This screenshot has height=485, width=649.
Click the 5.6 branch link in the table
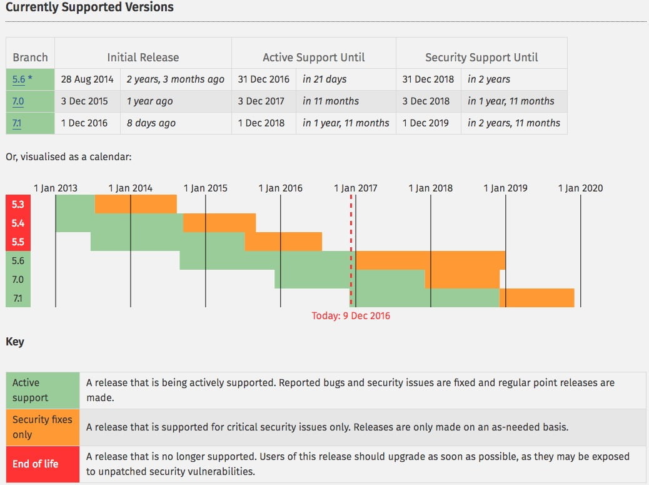(18, 79)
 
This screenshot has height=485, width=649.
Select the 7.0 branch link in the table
(18, 101)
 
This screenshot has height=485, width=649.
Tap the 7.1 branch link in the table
(17, 123)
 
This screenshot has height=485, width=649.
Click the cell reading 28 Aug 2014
(88, 79)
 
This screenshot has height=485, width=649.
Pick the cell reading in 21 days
(324, 79)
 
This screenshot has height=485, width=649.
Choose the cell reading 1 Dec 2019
(426, 123)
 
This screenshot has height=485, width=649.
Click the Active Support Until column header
(313, 57)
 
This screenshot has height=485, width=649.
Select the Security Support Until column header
(481, 57)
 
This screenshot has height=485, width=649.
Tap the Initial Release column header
(143, 57)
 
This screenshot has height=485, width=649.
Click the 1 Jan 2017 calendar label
(355, 188)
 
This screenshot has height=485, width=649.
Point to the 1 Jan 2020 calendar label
(580, 188)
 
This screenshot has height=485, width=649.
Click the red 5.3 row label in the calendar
(18, 204)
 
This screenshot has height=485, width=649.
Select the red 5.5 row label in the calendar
(18, 242)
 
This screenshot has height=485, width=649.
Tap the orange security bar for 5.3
(136, 204)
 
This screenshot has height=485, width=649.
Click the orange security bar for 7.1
(536, 298)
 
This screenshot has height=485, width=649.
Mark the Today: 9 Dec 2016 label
(351, 315)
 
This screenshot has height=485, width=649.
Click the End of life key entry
(36, 464)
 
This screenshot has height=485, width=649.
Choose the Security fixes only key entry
(43, 427)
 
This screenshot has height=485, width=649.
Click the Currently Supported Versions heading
(90, 8)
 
